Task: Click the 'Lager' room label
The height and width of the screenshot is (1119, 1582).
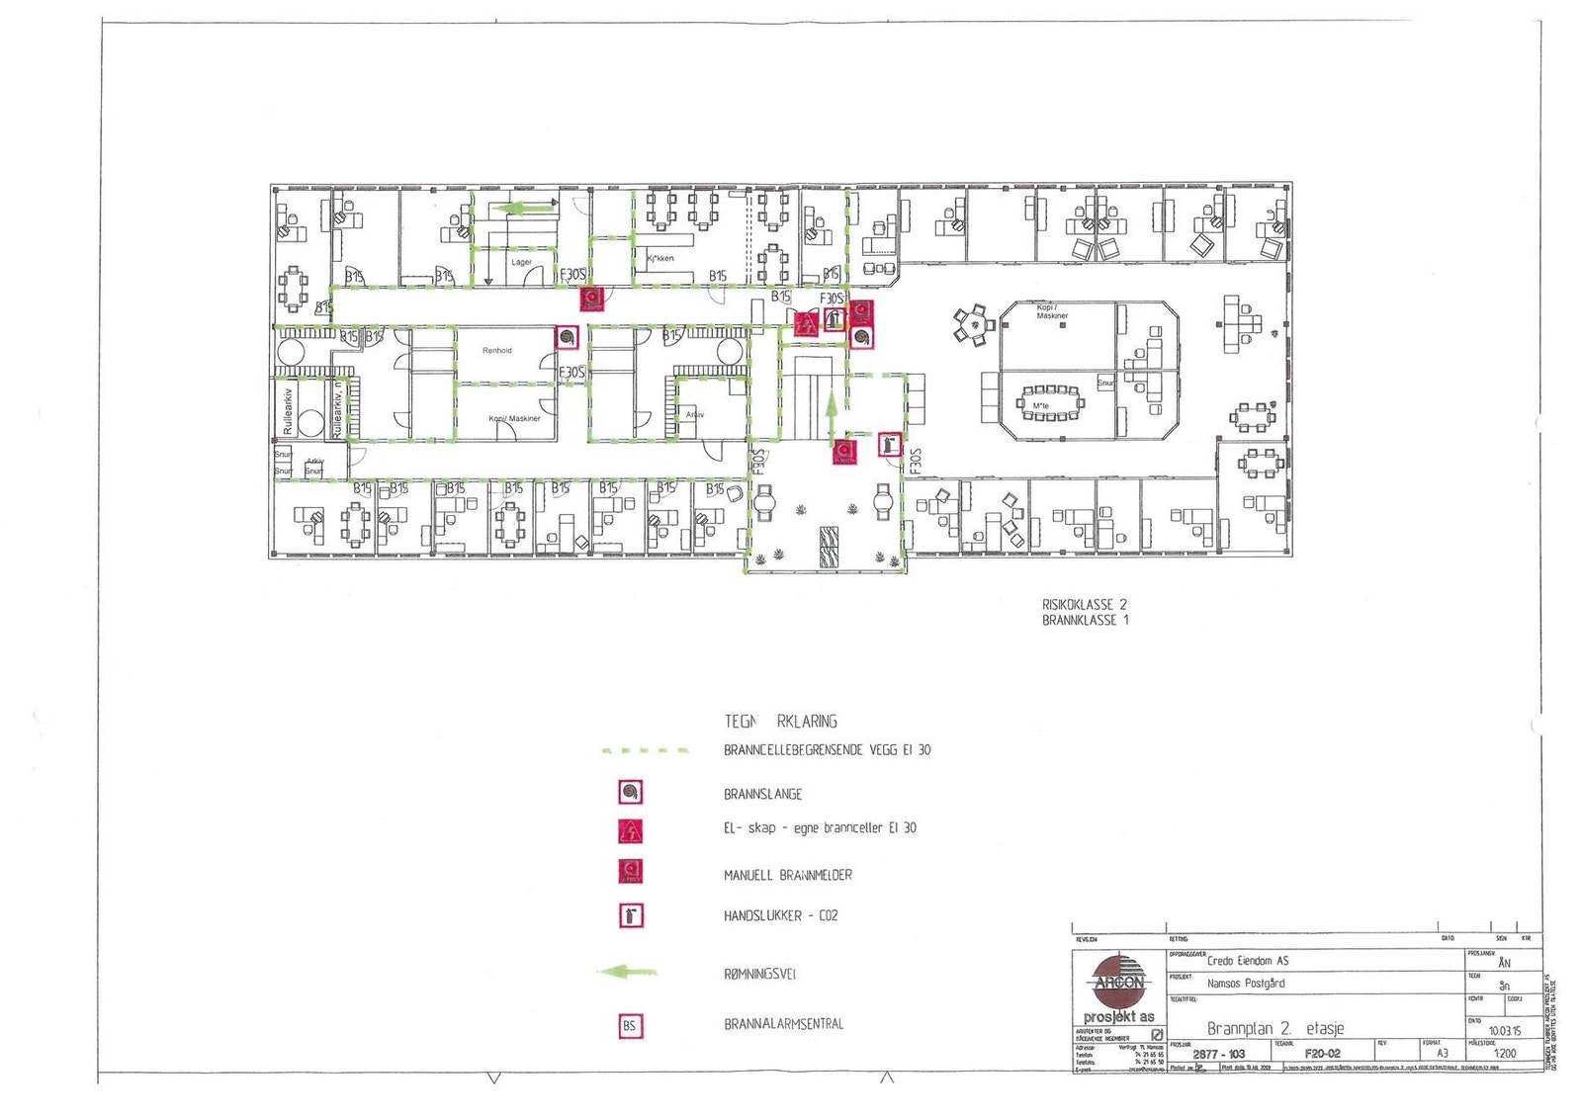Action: click(521, 262)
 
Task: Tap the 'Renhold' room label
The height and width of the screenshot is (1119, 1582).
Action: click(497, 350)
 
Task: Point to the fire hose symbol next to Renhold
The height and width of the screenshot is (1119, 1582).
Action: click(567, 338)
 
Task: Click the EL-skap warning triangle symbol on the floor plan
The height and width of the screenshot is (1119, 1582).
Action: click(806, 323)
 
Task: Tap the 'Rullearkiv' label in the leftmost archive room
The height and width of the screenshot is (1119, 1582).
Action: click(289, 411)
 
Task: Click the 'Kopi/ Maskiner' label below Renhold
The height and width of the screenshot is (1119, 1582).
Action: click(514, 418)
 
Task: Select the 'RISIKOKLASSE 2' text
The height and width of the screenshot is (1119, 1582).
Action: click(1084, 604)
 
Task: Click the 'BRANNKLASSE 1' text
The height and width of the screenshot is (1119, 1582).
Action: click(1084, 621)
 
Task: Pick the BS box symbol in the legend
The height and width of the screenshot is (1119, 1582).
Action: click(630, 1026)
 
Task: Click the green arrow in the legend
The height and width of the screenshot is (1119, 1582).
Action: click(628, 973)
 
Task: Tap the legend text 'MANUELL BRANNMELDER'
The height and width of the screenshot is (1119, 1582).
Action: click(787, 875)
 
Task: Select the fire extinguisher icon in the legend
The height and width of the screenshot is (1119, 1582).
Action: click(631, 915)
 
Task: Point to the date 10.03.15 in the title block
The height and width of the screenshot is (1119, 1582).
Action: click(1505, 1030)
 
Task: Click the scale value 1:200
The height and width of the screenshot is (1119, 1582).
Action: click(1505, 1054)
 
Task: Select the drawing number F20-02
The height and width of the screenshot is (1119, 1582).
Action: click(1322, 1054)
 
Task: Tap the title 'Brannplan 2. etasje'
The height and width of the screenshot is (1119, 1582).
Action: click(1274, 1028)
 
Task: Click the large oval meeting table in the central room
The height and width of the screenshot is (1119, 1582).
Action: click(1051, 403)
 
